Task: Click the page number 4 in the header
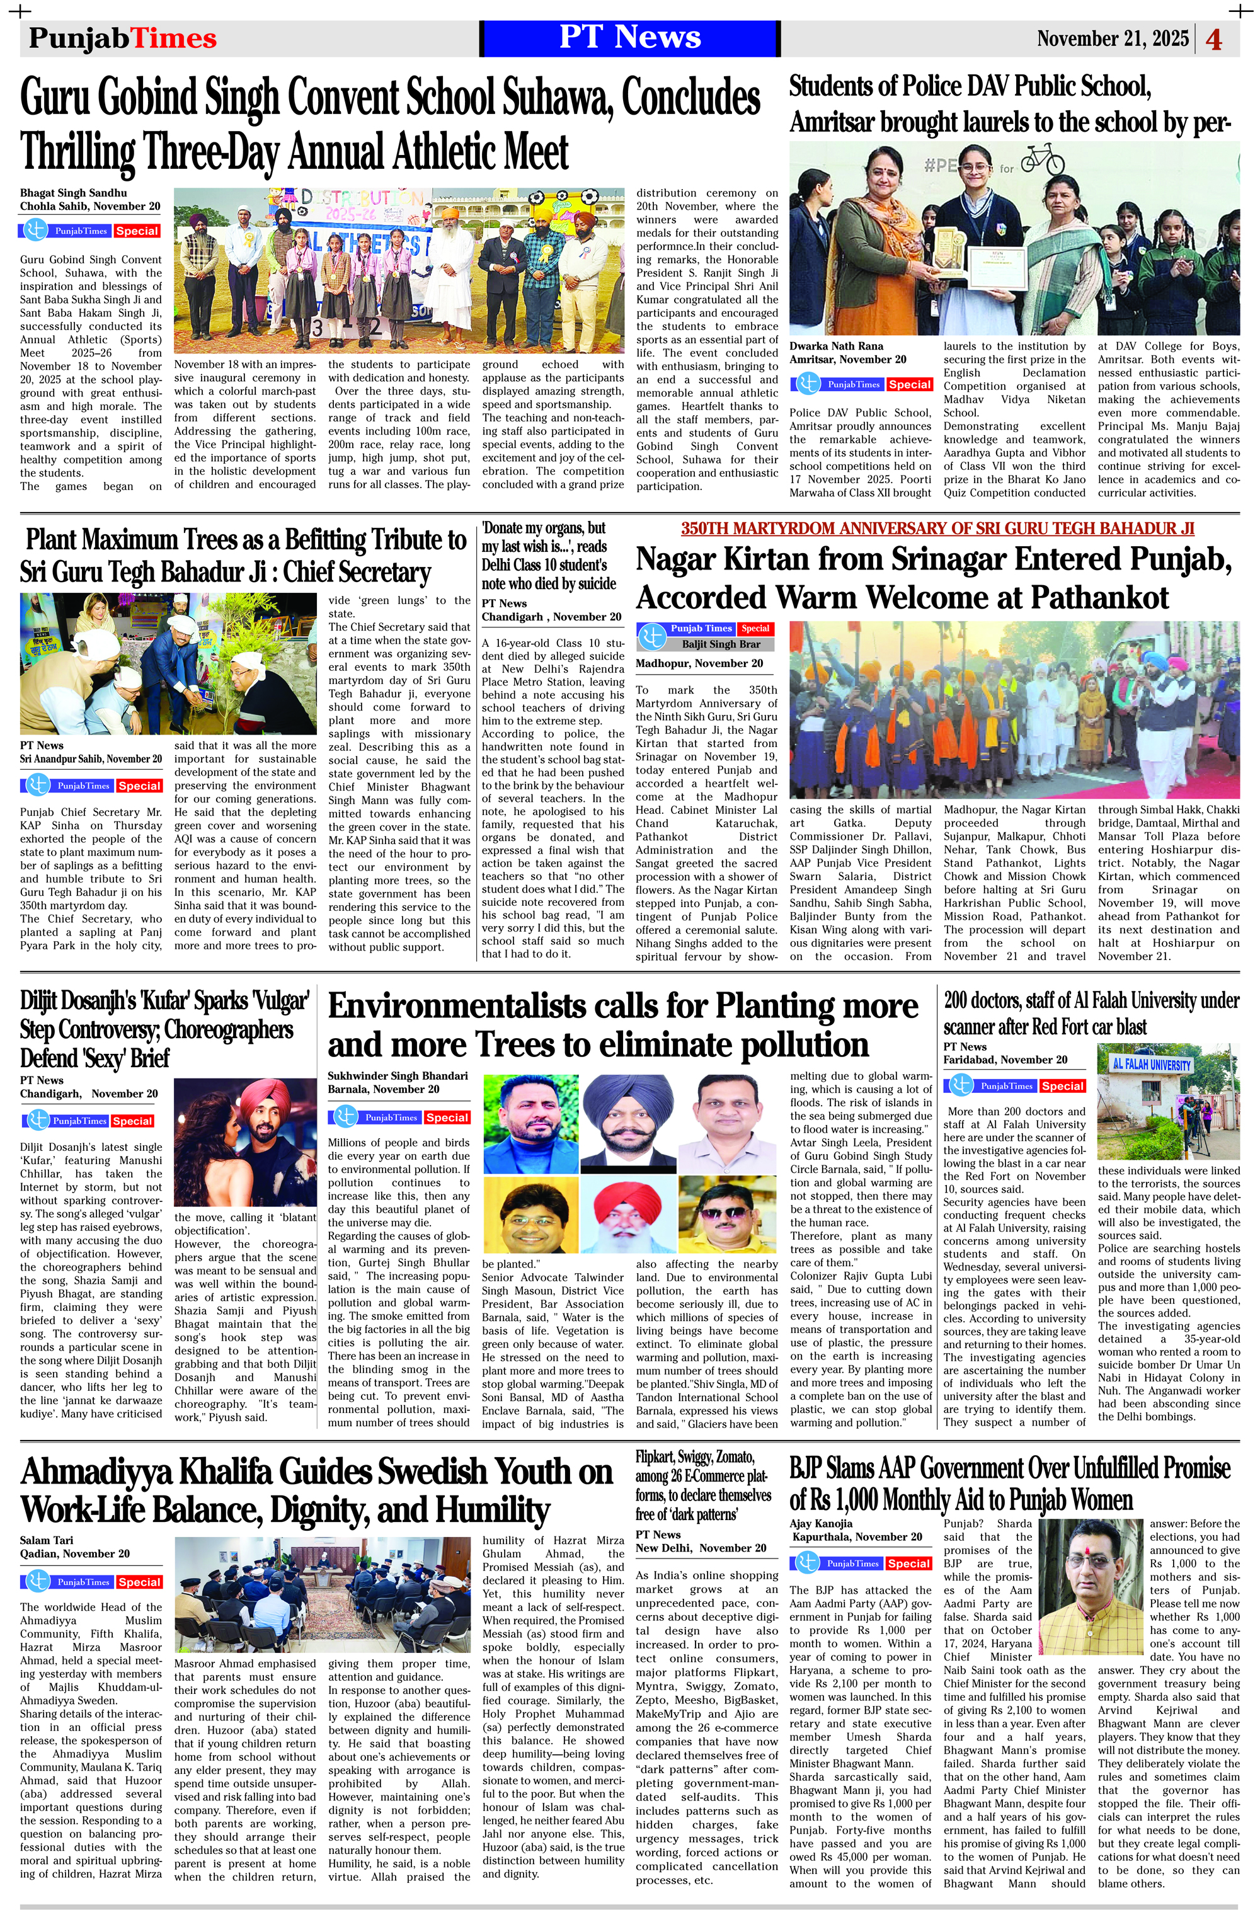(1214, 39)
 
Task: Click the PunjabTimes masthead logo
(122, 38)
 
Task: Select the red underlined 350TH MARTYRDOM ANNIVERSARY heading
(937, 529)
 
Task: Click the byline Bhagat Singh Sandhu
(74, 193)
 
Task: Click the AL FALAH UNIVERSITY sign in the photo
(1152, 1064)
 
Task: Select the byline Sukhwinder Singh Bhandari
(398, 1076)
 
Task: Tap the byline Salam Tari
(47, 1540)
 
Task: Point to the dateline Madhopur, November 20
(699, 663)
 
